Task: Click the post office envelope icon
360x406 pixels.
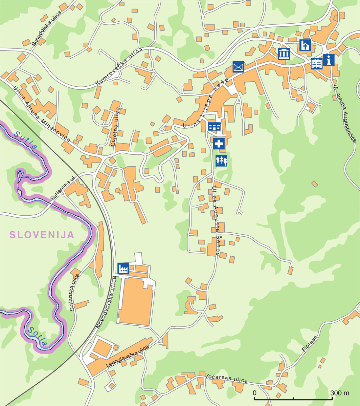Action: coord(238,67)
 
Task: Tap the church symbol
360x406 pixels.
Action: coord(305,45)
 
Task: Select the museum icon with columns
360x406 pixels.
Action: coord(284,53)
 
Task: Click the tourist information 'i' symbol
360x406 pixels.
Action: coord(328,60)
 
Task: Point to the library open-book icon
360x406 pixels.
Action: coord(317,63)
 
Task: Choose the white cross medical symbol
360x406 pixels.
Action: coord(219,143)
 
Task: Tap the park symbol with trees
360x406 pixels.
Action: coord(221,161)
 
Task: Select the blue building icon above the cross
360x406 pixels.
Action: coord(214,126)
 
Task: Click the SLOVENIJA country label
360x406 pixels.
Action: coord(42,235)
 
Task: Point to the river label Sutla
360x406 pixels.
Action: coord(25,140)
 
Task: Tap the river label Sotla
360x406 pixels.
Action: coord(38,336)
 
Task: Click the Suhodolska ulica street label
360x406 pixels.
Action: coord(47,28)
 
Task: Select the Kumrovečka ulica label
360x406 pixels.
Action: coord(119,66)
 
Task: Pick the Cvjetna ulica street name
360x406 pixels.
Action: coord(116,127)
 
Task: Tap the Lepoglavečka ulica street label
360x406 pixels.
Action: coord(127,356)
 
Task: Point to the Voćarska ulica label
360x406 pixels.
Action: coord(226,378)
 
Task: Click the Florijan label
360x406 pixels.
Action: coord(310,344)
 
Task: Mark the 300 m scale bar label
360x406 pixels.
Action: coord(340,393)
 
